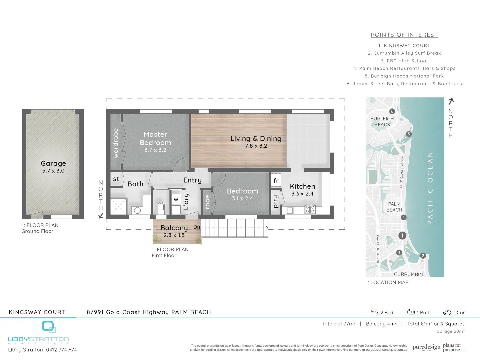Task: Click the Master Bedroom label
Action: (155, 138)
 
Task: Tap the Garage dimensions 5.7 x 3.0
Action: (53, 171)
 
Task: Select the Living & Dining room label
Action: (256, 139)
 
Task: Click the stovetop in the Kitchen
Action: (310, 209)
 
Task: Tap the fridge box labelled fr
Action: (276, 181)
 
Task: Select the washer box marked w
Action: (176, 199)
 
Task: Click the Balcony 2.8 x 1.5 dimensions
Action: (174, 235)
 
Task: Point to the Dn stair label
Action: (197, 227)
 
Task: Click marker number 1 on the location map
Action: (402, 236)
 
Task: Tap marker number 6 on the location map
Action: (392, 111)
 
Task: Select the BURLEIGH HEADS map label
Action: (382, 122)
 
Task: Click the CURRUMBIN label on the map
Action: (408, 274)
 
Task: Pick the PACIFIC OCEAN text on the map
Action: (430, 188)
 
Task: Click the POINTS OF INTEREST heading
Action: (404, 35)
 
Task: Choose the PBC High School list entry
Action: (404, 61)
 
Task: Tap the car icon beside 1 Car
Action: (447, 313)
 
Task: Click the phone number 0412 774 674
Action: (61, 350)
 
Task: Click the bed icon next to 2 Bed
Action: (374, 312)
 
